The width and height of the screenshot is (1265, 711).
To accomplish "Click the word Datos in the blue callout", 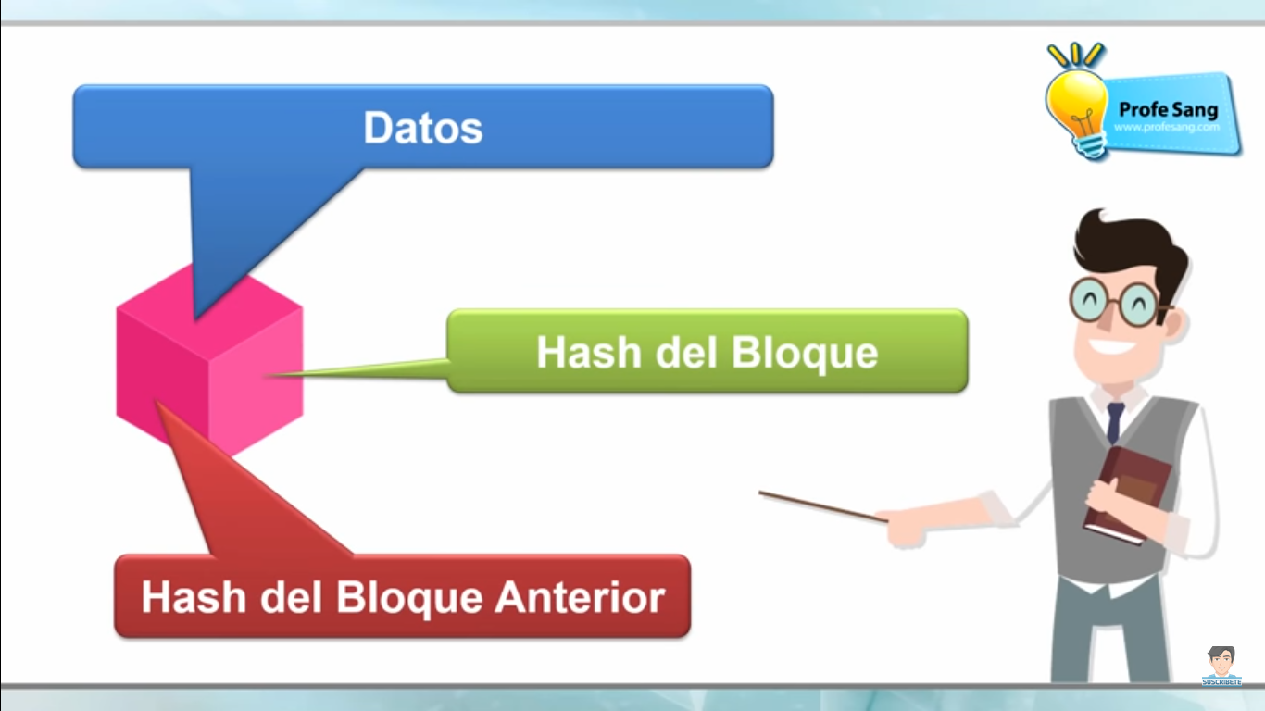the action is (423, 128).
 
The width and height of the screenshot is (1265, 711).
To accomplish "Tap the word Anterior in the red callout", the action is (580, 597).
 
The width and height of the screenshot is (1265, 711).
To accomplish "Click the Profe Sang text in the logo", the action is (1168, 109).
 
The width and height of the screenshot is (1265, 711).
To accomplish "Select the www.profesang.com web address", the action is (1168, 127).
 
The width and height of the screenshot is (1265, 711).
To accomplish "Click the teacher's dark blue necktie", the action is (1115, 422).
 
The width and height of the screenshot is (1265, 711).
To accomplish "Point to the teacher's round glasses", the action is (1120, 302).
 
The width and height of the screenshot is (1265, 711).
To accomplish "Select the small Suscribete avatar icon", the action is (1221, 665).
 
